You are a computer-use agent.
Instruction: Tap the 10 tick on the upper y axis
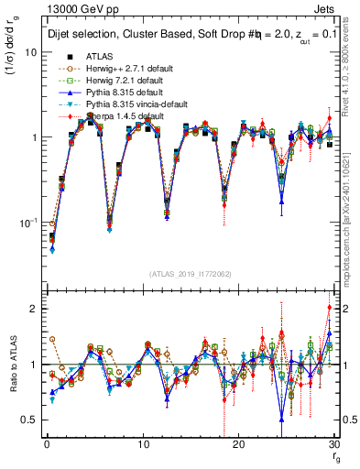(32, 52)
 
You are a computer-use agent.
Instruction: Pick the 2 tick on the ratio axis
(35, 309)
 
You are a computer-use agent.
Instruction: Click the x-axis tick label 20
(239, 444)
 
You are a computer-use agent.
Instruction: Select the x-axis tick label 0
(46, 444)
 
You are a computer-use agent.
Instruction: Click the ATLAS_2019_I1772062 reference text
(191, 274)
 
